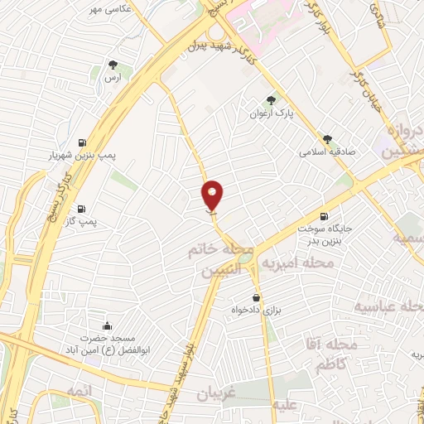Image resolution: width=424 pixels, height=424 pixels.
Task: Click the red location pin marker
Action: [x=213, y=194]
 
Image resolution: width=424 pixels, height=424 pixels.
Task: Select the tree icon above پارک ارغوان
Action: [x=272, y=101]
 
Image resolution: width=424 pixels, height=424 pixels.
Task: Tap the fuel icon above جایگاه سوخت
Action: [x=335, y=217]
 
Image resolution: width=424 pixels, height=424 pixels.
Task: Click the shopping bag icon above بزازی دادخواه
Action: [x=256, y=297]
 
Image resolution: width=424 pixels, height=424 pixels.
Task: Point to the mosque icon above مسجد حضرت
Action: [x=105, y=325]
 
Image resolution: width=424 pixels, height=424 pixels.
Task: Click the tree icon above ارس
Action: [x=113, y=65]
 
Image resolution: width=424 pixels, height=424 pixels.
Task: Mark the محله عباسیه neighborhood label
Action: [x=388, y=306]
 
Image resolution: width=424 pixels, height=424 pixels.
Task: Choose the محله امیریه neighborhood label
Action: [x=297, y=263]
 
